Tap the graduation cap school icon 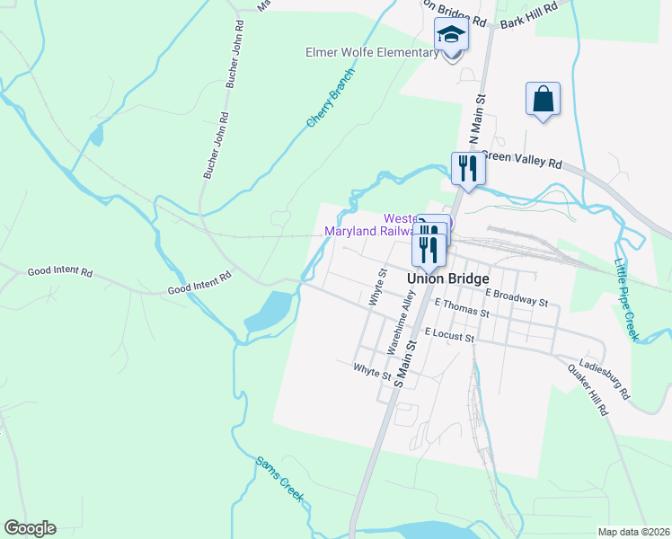coord(452,37)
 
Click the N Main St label coord(475,122)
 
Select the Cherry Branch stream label coord(330,96)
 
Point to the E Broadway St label coord(517,297)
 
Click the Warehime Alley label coord(397,327)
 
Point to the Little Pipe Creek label coord(625,300)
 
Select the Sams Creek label coord(279,477)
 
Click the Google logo coord(30,527)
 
